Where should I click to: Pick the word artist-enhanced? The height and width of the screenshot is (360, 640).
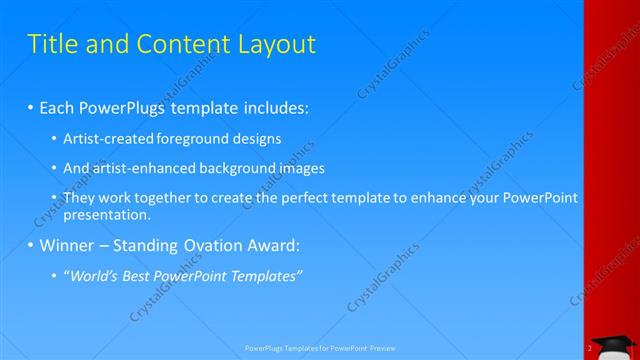click(137, 168)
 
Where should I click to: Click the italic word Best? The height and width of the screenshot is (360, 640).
click(147, 276)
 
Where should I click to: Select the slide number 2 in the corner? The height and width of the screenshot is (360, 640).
click(590, 349)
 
